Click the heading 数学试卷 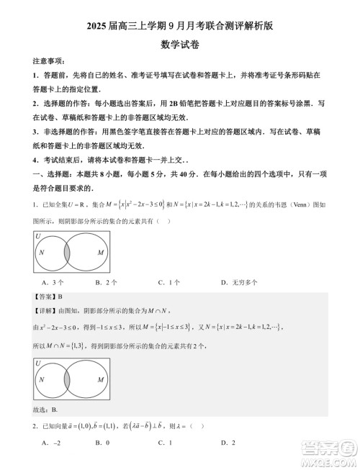point(179,44)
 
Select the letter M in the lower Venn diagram point(100,379)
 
